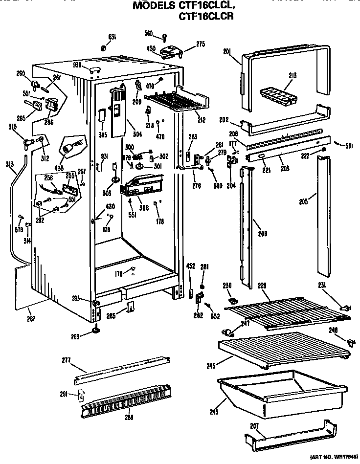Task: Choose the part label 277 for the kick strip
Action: pyautogui.click(x=66, y=360)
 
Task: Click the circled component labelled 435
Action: pyautogui.click(x=71, y=145)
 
